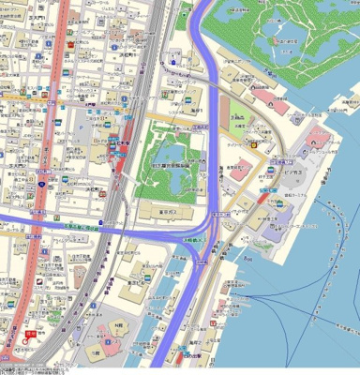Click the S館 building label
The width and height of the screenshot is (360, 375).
click(95, 353)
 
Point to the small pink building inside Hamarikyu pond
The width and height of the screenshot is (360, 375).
click(277, 40)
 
